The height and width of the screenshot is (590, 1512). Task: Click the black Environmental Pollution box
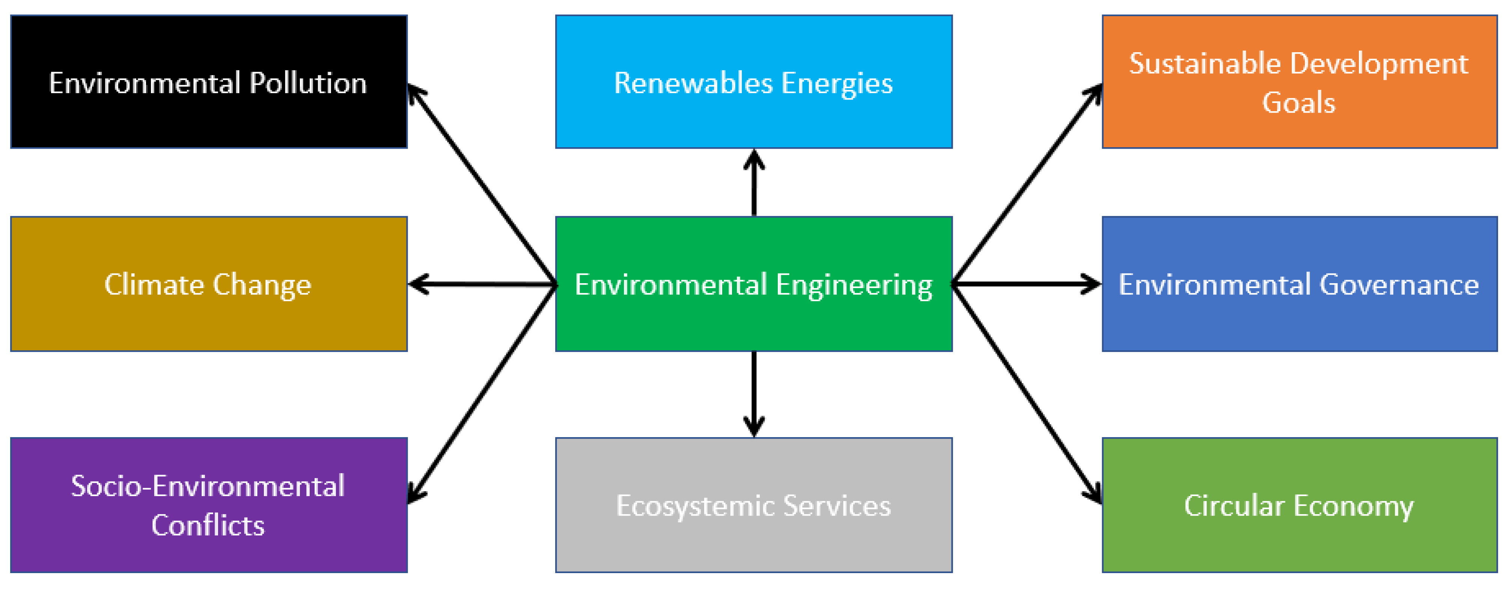tap(208, 81)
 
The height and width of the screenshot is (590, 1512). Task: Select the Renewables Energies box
tap(754, 81)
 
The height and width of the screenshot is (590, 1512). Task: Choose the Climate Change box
tap(208, 284)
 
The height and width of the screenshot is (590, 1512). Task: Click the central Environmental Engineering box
tap(754, 284)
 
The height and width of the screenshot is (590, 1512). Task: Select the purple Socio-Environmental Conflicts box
tap(208, 505)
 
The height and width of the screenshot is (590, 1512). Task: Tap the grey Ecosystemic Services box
tap(754, 505)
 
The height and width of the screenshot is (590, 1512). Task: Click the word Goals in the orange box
tap(1298, 103)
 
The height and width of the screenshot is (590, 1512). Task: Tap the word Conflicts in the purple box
tap(208, 525)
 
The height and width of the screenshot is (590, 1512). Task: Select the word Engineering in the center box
tap(854, 285)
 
